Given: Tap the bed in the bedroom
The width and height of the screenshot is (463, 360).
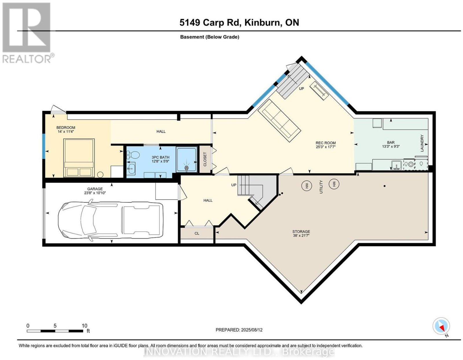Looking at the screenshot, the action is [79, 158].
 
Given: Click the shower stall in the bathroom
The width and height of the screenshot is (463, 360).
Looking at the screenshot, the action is [187, 159].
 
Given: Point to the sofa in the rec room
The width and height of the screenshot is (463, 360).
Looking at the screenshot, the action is [279, 120].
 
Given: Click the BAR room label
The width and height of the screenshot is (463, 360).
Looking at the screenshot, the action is [391, 142].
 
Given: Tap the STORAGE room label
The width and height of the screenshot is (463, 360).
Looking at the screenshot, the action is [301, 231].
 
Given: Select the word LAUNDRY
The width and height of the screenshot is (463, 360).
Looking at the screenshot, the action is [422, 143].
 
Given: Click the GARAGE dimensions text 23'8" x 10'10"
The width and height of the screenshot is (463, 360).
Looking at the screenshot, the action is [95, 193].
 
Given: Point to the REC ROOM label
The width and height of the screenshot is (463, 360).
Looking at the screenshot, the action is [326, 143].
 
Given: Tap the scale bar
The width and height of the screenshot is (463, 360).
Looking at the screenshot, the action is [55, 331].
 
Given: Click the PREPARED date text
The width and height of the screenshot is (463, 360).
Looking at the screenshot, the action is [239, 330].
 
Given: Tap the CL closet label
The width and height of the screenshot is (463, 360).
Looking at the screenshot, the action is [197, 233].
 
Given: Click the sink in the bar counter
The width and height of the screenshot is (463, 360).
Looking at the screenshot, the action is [396, 165].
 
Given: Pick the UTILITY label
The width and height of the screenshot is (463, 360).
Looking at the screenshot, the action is [321, 187].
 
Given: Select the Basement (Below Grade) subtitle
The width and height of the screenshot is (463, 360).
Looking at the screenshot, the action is [210, 37].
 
